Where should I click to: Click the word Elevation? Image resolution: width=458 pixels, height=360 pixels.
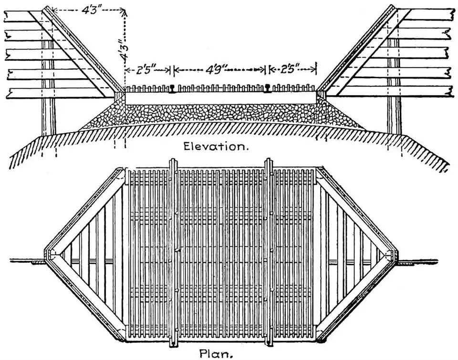(x=217, y=146)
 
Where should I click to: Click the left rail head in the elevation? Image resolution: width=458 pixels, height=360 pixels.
(x=172, y=88)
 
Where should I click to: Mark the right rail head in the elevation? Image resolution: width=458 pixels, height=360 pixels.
(x=267, y=88)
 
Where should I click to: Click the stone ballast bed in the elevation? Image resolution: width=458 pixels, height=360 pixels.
(x=219, y=114)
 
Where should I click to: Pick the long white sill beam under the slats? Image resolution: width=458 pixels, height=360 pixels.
(x=219, y=97)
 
